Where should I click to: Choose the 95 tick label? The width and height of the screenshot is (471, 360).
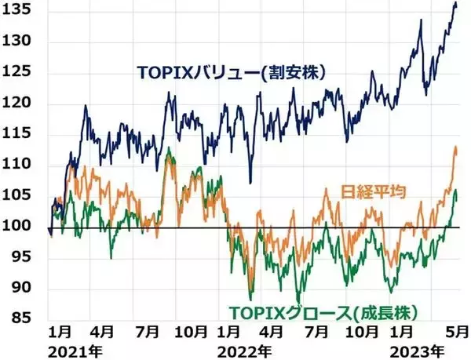21,257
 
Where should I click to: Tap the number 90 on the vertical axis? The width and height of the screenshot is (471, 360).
21,288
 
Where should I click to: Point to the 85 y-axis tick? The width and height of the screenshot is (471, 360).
21,318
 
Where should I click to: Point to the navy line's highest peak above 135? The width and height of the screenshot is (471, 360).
455,5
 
